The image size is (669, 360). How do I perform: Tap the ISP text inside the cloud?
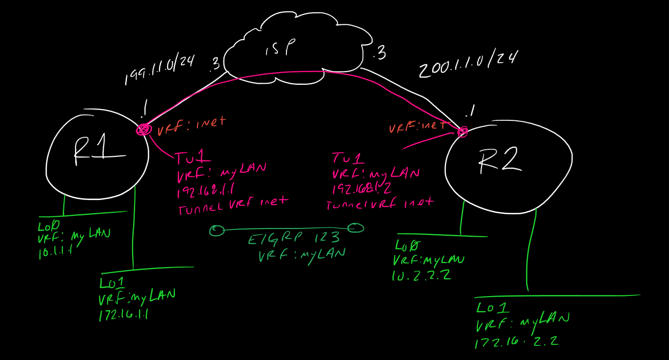pos(280,49)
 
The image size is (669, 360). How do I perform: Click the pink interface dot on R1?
pos(143,129)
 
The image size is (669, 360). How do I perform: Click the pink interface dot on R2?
pos(462,132)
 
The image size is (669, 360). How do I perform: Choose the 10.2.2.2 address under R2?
pos(422,275)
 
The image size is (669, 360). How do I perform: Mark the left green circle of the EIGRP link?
pos(216,231)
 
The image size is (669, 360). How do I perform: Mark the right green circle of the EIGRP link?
pos(356,228)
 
